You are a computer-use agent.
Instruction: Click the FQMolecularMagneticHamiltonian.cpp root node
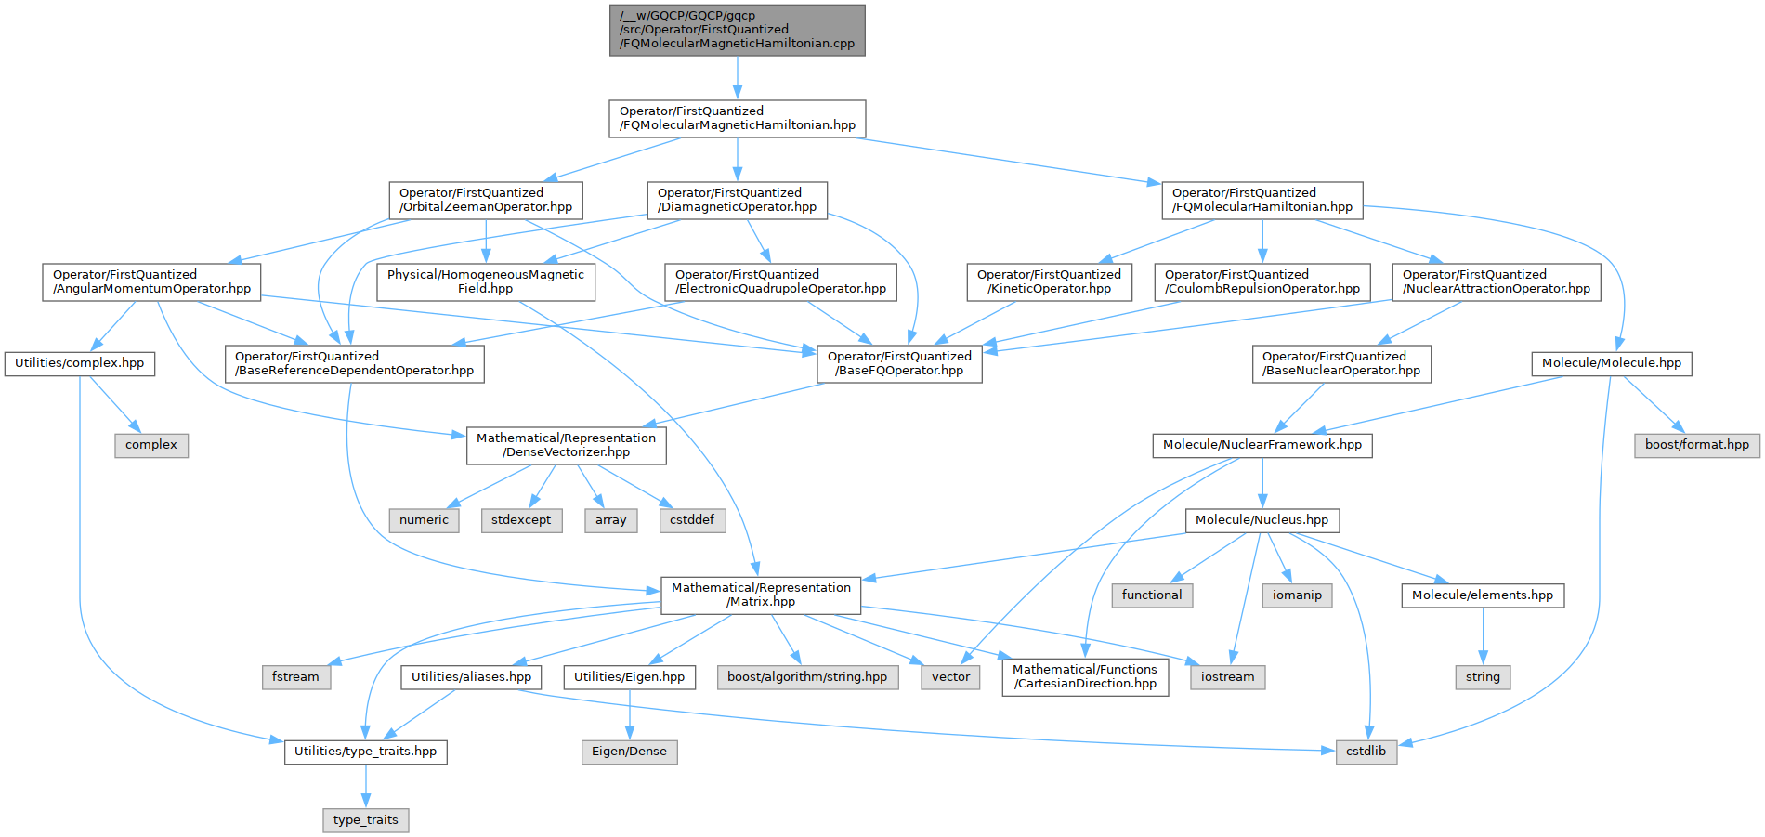pos(737,30)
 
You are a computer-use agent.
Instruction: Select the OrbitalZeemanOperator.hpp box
pos(485,200)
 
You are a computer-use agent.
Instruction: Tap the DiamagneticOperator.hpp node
pos(737,200)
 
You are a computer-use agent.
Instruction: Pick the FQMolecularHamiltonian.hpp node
pos(1262,200)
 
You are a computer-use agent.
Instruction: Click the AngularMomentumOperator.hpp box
pos(151,281)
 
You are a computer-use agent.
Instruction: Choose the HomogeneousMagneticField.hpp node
pos(485,281)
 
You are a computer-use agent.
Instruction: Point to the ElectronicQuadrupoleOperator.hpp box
pos(780,281)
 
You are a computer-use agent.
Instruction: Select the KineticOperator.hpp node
pos(1049,281)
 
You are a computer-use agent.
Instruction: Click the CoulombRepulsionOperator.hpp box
pos(1262,281)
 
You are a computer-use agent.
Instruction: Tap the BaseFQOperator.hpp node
pos(899,363)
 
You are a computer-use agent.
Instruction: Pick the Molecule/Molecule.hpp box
pos(1611,363)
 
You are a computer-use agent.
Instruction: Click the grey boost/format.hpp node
pos(1696,445)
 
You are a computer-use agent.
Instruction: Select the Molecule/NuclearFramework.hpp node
pos(1262,445)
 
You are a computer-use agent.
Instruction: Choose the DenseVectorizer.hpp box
pos(566,445)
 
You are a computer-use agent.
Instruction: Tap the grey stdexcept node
pos(521,520)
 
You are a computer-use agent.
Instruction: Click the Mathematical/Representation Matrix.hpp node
pos(761,595)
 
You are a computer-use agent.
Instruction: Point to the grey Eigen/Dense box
pos(629,752)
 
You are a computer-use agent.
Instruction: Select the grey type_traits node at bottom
pos(365,820)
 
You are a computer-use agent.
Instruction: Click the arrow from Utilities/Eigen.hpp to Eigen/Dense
pos(629,714)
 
